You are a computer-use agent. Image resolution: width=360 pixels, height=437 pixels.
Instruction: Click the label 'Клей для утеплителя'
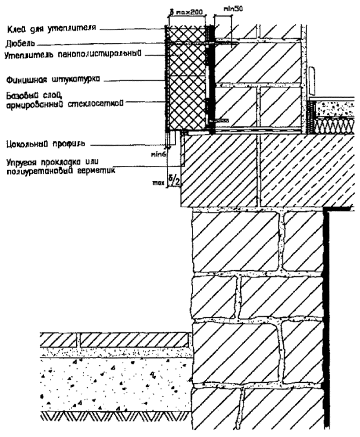[x=50, y=29]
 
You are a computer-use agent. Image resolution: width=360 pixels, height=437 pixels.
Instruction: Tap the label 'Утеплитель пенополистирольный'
[x=71, y=55]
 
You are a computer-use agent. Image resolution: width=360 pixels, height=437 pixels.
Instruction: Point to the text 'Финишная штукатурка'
[x=52, y=79]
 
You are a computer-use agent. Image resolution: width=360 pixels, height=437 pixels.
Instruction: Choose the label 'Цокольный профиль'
[x=43, y=143]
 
